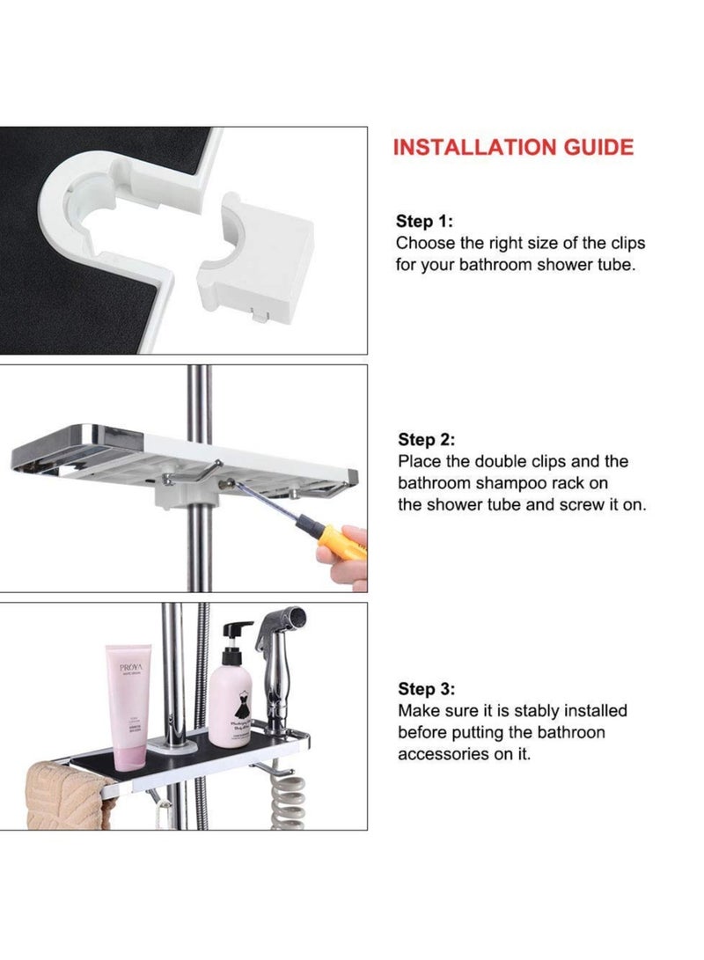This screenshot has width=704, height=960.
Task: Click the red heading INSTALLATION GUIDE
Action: (512, 147)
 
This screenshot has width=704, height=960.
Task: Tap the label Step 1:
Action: (425, 221)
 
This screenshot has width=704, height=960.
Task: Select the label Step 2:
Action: (427, 439)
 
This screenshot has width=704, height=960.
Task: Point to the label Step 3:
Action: (427, 689)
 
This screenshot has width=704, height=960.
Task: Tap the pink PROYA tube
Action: (129, 704)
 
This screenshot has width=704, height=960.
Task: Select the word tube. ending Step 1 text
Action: (612, 265)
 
